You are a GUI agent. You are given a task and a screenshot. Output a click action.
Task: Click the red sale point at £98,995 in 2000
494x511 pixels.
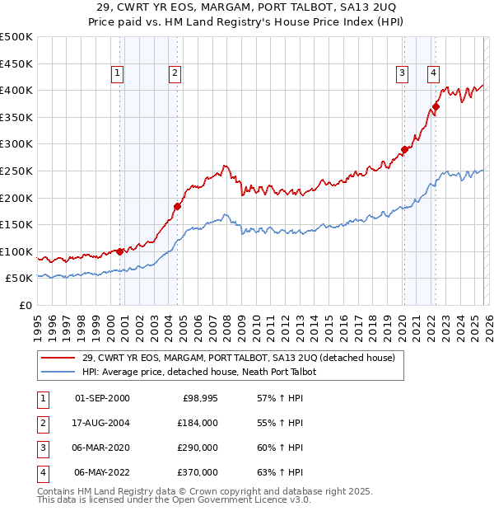tap(120, 251)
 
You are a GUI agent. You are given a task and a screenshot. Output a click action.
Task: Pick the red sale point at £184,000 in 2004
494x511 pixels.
tap(177, 206)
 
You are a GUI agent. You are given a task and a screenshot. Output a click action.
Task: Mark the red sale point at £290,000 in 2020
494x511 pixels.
tap(404, 149)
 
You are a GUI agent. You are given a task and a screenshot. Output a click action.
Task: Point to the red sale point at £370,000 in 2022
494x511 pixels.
tap(436, 106)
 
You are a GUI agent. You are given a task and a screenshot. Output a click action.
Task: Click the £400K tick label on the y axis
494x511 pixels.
tap(16, 90)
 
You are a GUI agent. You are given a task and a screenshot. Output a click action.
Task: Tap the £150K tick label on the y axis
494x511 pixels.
tap(16, 224)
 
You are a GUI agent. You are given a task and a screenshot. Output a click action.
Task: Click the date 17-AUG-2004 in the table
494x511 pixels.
tap(102, 422)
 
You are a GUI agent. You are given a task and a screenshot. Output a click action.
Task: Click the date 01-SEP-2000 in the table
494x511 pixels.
tap(102, 398)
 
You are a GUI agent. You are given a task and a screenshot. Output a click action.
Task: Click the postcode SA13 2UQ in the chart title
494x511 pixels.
tap(375, 7)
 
